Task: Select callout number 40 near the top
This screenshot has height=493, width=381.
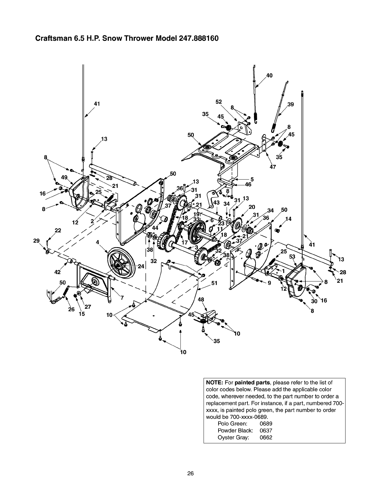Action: (269, 75)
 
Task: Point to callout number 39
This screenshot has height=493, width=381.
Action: (291, 104)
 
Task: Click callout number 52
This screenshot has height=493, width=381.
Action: (219, 102)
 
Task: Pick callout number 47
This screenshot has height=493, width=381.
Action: (273, 167)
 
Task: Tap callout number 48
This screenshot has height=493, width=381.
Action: (201, 300)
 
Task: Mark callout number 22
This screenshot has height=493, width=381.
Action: (58, 231)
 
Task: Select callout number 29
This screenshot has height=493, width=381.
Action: (37, 240)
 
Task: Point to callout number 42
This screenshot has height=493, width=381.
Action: (58, 272)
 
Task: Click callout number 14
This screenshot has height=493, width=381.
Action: (288, 219)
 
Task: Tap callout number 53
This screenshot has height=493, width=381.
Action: (292, 256)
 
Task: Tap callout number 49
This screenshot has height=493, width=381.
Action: (64, 177)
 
